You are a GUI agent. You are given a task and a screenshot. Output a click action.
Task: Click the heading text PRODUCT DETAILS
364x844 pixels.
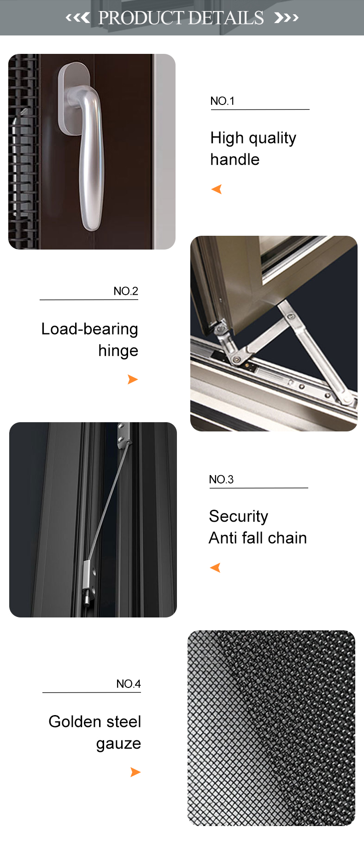coord(181,18)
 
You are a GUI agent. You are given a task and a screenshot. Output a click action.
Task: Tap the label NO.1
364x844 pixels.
coord(223,101)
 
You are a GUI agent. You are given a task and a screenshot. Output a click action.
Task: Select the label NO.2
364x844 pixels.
coord(126,291)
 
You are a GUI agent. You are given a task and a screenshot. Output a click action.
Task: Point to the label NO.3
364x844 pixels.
coord(221,479)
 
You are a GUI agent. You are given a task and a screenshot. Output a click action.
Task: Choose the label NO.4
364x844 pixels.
coord(129,684)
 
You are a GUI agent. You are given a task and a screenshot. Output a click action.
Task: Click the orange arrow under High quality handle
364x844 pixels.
coord(217,189)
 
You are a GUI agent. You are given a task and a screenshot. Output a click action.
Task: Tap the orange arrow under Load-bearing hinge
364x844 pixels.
coord(133,379)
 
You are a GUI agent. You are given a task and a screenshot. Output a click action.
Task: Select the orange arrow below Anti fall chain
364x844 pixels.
coord(215,568)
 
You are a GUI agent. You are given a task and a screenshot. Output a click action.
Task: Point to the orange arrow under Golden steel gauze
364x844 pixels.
coord(135,772)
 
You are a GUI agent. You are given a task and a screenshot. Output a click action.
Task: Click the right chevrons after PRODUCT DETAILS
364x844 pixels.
coord(286,18)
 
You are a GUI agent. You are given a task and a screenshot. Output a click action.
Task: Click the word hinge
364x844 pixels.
coord(118,351)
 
